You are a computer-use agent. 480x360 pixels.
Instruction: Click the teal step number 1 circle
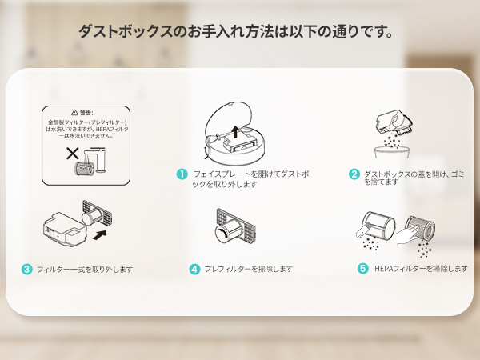[x=182, y=174]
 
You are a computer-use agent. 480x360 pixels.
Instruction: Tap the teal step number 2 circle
[x=354, y=174]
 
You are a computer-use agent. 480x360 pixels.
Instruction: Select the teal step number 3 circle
[x=27, y=270]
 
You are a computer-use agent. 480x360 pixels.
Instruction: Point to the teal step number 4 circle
[x=194, y=270]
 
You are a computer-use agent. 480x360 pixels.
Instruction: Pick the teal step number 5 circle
[x=363, y=270]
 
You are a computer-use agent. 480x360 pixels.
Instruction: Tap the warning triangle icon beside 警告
[x=74, y=113]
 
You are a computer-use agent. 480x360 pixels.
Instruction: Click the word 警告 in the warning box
[x=88, y=113]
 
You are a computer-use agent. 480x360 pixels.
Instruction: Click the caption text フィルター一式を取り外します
[x=85, y=270]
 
